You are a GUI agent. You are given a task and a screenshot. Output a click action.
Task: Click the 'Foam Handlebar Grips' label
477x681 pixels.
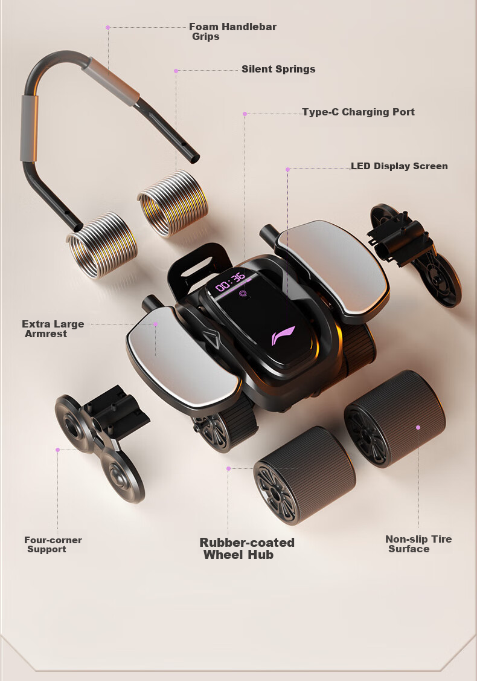click(x=232, y=31)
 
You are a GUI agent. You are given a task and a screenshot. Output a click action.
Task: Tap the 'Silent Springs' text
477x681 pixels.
click(x=278, y=69)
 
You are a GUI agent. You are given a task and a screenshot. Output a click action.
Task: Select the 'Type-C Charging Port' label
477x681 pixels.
click(x=358, y=112)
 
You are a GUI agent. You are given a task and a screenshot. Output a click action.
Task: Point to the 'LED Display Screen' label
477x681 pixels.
click(x=399, y=166)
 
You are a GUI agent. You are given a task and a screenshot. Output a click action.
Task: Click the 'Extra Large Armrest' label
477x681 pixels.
click(x=53, y=329)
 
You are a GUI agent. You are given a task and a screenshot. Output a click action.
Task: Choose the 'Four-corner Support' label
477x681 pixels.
click(x=53, y=544)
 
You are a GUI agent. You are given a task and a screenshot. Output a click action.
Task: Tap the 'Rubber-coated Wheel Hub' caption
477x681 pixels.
click(x=247, y=549)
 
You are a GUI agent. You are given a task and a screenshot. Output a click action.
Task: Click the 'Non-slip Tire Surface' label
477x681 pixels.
click(x=418, y=544)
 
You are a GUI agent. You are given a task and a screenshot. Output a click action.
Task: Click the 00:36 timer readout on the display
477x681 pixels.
click(x=231, y=282)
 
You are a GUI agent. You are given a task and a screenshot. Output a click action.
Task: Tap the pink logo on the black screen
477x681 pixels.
click(x=283, y=335)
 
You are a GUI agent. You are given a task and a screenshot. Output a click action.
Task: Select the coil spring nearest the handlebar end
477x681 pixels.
click(x=102, y=245)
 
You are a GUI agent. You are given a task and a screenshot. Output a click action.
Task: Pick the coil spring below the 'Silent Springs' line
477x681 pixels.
click(x=173, y=203)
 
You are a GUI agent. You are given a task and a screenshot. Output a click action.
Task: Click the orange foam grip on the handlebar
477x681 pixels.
click(x=112, y=82)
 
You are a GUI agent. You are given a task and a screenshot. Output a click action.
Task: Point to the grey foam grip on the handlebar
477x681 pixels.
click(x=29, y=129)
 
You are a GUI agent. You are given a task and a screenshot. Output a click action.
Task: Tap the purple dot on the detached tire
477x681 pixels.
click(x=418, y=427)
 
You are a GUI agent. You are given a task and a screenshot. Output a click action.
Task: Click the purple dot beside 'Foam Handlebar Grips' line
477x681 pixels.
click(x=107, y=27)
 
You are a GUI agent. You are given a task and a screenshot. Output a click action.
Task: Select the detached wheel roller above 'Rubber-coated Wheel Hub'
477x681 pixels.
click(x=304, y=475)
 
